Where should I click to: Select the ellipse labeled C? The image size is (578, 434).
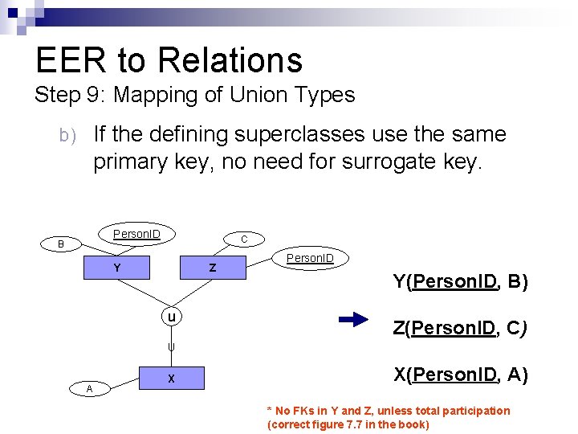click(x=244, y=239)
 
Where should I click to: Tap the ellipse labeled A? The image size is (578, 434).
click(x=89, y=389)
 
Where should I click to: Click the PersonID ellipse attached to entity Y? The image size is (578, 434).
click(x=136, y=235)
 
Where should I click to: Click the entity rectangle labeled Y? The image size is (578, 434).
click(x=117, y=268)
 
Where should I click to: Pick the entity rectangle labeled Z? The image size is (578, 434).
click(x=212, y=268)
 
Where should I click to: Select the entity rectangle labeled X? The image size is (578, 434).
click(x=172, y=379)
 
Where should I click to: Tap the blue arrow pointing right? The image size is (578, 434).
click(x=354, y=320)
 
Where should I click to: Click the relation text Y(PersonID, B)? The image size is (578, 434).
click(x=460, y=281)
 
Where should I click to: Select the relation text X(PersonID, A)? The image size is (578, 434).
click(x=460, y=374)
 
